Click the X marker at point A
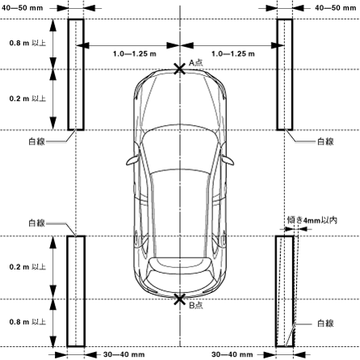point(180,69)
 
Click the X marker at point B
point(180,299)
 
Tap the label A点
point(195,63)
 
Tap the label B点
point(195,305)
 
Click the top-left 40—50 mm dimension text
point(23,8)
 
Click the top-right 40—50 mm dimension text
point(335,8)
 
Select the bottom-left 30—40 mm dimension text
point(124,354)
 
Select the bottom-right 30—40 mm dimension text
point(232,354)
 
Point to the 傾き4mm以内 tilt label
point(312,220)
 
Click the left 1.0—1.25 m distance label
point(135,54)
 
